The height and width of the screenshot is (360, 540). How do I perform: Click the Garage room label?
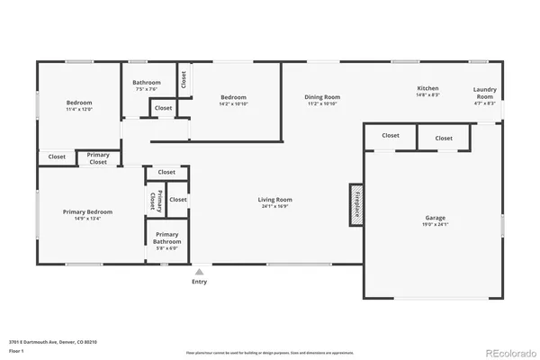point(435,218)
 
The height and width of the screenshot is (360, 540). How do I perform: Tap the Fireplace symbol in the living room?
point(356,202)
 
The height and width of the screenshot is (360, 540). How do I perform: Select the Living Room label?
point(274,200)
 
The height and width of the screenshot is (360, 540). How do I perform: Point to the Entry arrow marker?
point(199,271)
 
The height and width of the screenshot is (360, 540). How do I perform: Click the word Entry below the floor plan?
point(199,282)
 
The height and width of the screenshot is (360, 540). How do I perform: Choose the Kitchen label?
point(427,88)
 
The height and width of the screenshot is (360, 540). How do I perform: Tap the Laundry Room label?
point(484,93)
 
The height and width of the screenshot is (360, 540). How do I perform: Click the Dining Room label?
point(321,97)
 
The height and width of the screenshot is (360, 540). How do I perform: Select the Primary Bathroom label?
point(166,238)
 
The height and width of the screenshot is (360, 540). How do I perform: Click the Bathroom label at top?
point(146,82)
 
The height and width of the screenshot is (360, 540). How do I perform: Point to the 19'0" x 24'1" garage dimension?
point(435,225)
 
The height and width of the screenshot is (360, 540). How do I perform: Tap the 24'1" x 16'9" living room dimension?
point(274,207)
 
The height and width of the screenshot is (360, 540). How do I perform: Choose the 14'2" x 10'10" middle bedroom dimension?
point(234,104)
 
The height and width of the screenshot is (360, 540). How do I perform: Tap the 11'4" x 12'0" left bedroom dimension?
point(78,110)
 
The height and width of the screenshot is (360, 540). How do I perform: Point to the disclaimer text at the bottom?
point(270,352)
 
